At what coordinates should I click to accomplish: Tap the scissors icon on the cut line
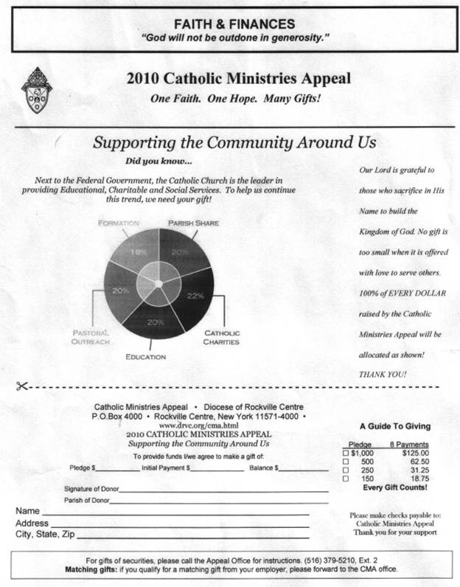(x=22, y=386)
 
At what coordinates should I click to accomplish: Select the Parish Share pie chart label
(x=193, y=223)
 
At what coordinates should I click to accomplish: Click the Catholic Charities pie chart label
(x=221, y=338)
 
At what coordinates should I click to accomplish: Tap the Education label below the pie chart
(x=145, y=358)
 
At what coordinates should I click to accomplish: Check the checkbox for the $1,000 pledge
(x=345, y=454)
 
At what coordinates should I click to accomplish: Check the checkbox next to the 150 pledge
(x=345, y=479)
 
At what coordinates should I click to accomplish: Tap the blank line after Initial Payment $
(x=213, y=468)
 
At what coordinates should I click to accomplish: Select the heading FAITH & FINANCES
(x=229, y=24)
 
